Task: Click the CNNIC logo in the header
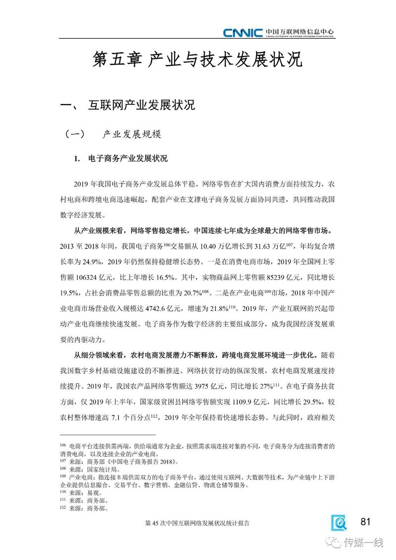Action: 242,33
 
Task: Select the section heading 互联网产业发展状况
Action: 142,105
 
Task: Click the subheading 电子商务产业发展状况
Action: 128,159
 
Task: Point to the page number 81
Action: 366,521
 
